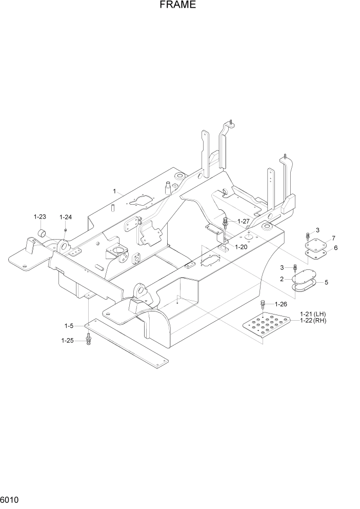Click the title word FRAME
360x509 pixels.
(177, 6)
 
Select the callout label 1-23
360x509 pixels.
(40, 217)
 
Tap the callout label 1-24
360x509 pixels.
(66, 217)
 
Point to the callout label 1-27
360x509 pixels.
(243, 221)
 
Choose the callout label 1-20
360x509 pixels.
(241, 247)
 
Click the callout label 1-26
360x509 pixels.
(281, 304)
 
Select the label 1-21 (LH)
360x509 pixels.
(313, 314)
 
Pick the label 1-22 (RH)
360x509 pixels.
(313, 321)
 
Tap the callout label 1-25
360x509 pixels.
(68, 340)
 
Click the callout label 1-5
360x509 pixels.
(69, 325)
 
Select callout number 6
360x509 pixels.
(335, 247)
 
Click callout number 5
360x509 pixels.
(326, 282)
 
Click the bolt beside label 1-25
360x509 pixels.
(89, 339)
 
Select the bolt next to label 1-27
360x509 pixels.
(226, 223)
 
